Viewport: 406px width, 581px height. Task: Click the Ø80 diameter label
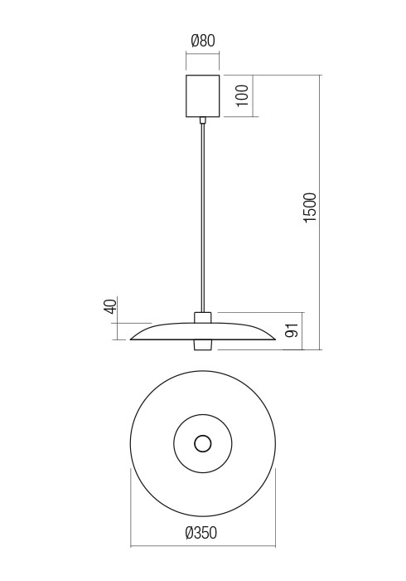[x=203, y=40]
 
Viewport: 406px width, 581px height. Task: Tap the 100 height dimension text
[x=242, y=95]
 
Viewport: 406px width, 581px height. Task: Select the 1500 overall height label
[x=310, y=207]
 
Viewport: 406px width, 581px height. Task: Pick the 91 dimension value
[x=291, y=331]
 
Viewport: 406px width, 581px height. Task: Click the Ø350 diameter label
[x=202, y=534]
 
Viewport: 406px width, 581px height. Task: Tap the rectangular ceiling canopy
[x=203, y=95]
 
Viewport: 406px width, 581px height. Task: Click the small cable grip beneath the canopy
[x=203, y=120]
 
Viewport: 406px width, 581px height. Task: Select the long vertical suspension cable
[x=203, y=216]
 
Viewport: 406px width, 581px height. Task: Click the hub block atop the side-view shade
[x=203, y=317]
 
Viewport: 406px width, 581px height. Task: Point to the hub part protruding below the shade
[x=203, y=344]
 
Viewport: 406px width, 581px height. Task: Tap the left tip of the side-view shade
[x=133, y=338]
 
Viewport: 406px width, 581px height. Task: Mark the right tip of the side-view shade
[x=273, y=338]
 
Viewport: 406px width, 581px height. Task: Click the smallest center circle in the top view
[x=202, y=443]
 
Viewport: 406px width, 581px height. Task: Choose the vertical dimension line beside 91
[x=303, y=331]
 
